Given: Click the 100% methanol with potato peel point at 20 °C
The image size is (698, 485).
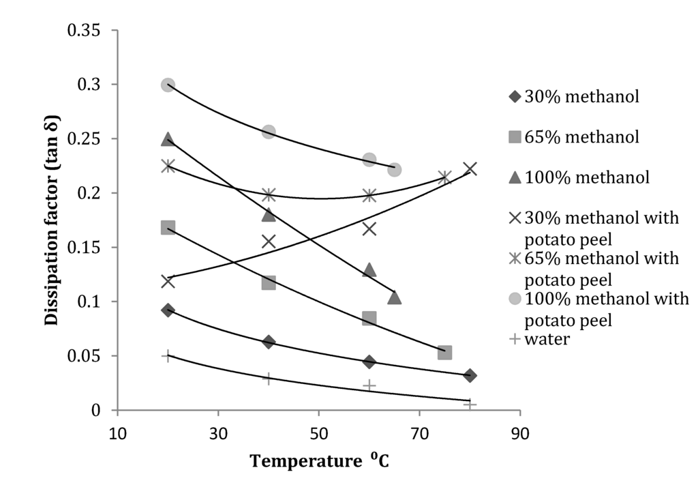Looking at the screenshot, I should [168, 85].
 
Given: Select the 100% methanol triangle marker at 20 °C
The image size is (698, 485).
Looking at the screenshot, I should [168, 139].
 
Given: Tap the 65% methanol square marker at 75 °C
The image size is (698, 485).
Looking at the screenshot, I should [444, 353].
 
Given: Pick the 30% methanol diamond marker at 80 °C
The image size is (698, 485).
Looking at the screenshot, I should [470, 375].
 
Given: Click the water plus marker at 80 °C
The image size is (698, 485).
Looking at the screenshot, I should [470, 405].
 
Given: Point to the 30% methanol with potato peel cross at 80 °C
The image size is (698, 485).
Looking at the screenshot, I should [470, 168].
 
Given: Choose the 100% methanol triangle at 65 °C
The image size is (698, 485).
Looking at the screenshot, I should [394, 297].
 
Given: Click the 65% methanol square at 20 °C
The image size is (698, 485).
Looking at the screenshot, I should [168, 227].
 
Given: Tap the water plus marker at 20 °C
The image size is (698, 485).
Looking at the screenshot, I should [168, 356].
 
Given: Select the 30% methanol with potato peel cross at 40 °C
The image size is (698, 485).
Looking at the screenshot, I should [269, 241].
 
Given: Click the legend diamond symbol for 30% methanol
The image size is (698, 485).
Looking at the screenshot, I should [515, 97].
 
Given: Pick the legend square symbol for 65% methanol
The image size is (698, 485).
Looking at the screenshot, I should [515, 137].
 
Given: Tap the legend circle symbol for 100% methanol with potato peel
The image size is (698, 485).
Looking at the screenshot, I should [515, 299].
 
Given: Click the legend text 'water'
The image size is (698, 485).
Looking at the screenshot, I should [547, 339].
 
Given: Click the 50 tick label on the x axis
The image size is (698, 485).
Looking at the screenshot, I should [318, 433].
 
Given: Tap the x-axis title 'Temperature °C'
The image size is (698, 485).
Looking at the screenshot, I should [319, 460].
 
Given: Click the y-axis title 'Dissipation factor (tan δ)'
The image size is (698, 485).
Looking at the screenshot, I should [52, 220].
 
